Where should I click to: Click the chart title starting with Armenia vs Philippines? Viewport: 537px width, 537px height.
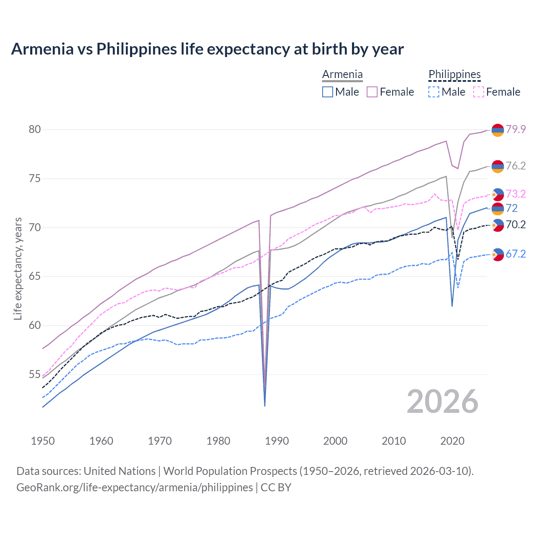coord(207,49)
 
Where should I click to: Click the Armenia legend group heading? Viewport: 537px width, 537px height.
coord(342,75)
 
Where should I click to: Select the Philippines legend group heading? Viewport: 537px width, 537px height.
coord(454,75)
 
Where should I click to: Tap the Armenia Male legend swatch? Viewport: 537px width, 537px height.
coord(328,92)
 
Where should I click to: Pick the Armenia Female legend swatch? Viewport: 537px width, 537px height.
coord(372,92)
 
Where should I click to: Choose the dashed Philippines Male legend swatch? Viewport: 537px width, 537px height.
coord(434,92)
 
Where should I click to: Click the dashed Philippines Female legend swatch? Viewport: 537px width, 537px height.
coord(479,92)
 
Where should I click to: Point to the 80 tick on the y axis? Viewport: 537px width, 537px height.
coord(35,129)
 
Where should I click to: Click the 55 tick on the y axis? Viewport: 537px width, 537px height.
coord(35,374)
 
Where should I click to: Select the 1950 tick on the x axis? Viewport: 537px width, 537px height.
coord(43,441)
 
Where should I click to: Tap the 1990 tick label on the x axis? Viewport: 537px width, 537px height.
coord(277,441)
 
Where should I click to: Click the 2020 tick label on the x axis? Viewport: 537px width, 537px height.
coord(452,441)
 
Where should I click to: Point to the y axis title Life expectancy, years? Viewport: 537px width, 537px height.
coord(18,268)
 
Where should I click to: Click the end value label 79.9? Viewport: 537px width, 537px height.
coord(516,129)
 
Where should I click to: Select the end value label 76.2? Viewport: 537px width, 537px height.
coord(516,166)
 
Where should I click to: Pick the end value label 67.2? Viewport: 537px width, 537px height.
coord(516,254)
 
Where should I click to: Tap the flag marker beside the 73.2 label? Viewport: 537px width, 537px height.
coord(498,194)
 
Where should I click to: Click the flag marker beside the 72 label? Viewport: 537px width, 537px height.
coord(498,209)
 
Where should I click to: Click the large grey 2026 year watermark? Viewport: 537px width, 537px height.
coord(443,401)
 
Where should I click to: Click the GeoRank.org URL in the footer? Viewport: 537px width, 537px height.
coord(135,487)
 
